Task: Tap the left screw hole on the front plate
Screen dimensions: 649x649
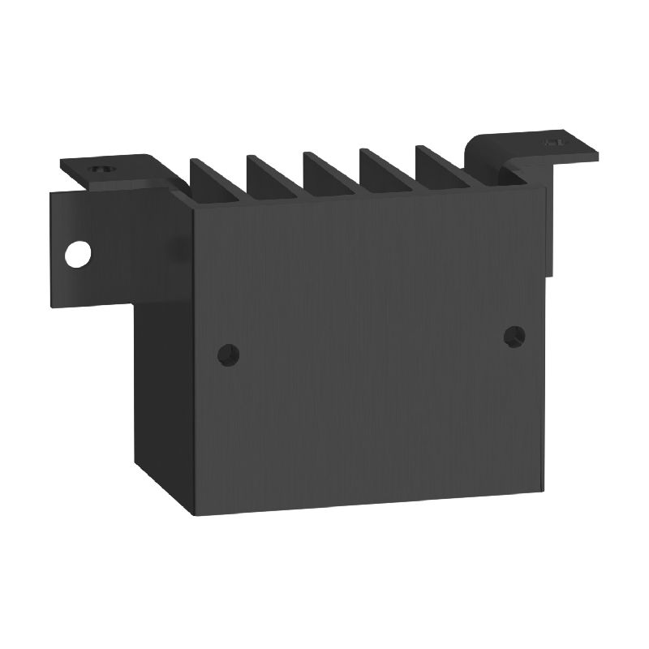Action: pos(230,354)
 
